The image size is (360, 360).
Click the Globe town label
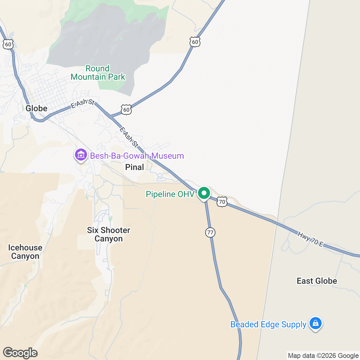click(36, 108)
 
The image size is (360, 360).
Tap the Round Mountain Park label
click(98, 73)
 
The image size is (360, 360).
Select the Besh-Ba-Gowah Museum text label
click(137, 156)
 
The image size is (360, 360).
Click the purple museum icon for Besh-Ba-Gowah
click(81, 155)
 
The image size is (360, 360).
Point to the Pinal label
click(134, 167)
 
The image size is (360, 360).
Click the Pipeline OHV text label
click(170, 194)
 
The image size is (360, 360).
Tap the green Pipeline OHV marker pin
click(204, 193)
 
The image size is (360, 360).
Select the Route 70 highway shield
click(222, 202)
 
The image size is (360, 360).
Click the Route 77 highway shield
click(210, 232)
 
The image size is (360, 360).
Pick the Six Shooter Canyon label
click(109, 234)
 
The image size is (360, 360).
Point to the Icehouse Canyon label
click(25, 252)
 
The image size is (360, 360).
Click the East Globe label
click(317, 281)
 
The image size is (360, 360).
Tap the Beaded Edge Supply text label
click(268, 324)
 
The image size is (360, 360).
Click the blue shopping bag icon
click(315, 323)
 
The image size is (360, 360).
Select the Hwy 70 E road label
click(310, 239)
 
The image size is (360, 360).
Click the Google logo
click(20, 353)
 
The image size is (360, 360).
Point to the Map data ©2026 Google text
click(323, 356)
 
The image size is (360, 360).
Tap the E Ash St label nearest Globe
click(82, 103)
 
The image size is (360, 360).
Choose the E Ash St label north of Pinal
click(129, 138)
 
